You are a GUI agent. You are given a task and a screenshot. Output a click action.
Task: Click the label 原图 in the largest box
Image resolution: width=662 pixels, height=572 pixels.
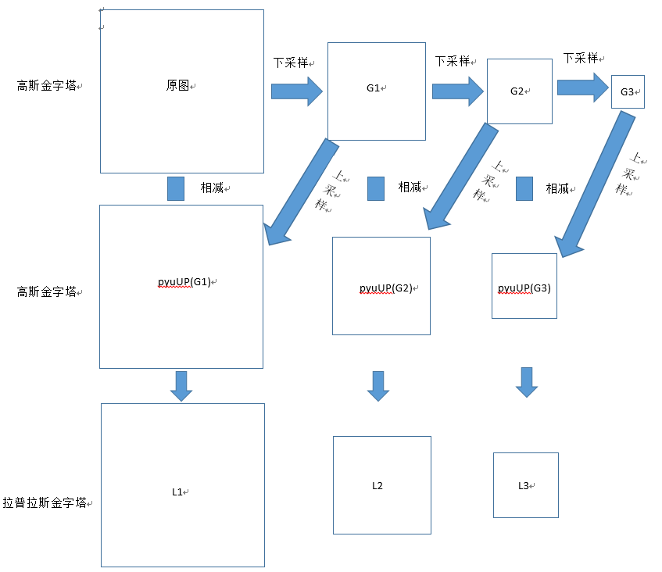pos(178,86)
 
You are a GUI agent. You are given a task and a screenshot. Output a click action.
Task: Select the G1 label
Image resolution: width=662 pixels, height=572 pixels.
pos(373,88)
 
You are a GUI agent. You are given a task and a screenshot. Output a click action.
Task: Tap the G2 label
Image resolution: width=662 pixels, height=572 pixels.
pos(516,91)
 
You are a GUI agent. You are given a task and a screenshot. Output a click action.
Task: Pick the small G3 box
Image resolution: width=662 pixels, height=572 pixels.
pos(628,91)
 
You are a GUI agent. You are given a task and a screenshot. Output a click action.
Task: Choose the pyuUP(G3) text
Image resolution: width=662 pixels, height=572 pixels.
pos(524,288)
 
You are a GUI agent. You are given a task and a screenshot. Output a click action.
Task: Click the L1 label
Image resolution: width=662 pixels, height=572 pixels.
pos(177,492)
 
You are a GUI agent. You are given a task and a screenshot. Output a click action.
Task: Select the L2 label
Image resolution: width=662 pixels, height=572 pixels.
pos(378,486)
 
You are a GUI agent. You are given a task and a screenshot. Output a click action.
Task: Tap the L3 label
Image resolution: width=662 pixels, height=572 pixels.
pos(524,486)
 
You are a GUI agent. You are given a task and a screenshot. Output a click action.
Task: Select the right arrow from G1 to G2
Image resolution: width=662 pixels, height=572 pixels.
pos(458,91)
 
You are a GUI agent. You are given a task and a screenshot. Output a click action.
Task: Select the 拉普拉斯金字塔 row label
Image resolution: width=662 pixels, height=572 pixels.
pos(45,504)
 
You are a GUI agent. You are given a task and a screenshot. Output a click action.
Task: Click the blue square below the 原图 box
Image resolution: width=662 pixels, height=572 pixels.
pos(176,188)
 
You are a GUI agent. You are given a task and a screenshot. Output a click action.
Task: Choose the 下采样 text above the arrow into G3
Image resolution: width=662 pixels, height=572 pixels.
pos(581,59)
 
